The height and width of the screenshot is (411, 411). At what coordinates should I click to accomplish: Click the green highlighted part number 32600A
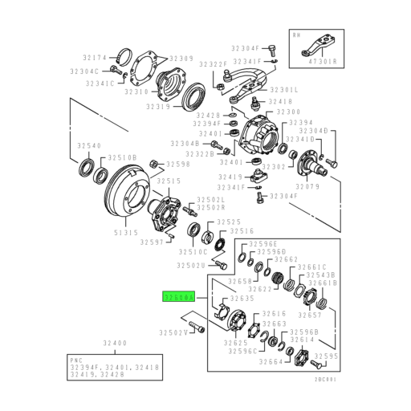click(x=177, y=297)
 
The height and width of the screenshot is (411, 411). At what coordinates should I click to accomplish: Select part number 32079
click(x=309, y=187)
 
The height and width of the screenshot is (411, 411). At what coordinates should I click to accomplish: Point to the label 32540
click(x=89, y=146)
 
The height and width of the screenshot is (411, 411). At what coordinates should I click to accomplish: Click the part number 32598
click(x=178, y=165)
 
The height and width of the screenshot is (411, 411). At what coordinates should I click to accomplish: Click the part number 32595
click(x=326, y=356)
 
